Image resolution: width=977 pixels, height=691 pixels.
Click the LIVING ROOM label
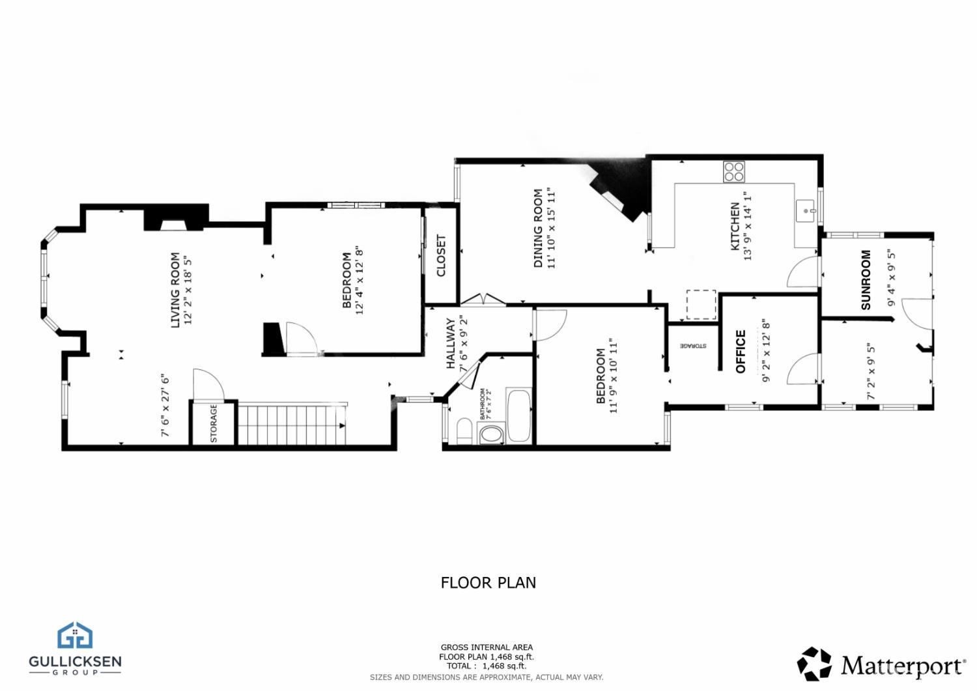[x=175, y=290]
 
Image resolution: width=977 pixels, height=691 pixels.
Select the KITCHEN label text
[x=735, y=226]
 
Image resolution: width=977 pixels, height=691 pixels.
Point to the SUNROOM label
[x=866, y=279]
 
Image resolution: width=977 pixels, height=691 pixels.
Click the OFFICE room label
[x=741, y=352]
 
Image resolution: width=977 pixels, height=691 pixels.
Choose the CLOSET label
[x=441, y=255]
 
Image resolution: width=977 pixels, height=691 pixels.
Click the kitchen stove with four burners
[x=733, y=171]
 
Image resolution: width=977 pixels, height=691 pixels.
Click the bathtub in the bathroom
[x=519, y=416]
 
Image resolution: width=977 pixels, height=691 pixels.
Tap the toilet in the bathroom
[x=464, y=432]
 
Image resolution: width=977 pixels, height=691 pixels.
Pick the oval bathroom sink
[x=490, y=434]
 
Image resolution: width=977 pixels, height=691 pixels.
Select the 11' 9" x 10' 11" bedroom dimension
[x=613, y=376]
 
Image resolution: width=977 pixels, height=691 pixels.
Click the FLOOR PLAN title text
[x=488, y=582]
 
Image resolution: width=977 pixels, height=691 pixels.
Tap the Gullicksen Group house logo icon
[x=75, y=635]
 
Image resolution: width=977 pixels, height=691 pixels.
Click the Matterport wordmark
[x=903, y=666]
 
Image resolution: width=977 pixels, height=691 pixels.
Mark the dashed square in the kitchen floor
[x=701, y=304]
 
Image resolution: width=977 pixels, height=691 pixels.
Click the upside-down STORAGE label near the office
[x=693, y=346]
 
